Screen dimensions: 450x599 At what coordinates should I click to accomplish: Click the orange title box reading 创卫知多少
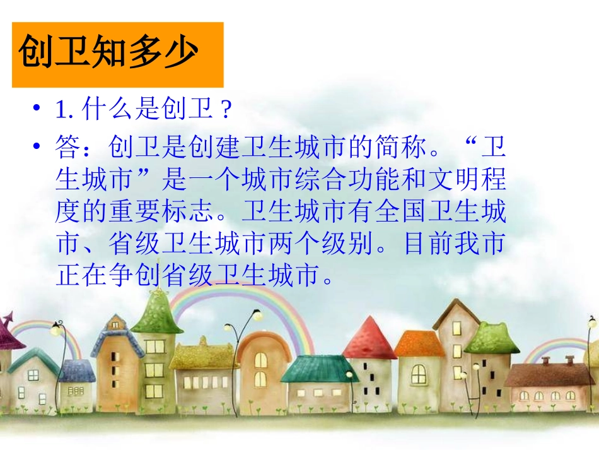tap(118, 55)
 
